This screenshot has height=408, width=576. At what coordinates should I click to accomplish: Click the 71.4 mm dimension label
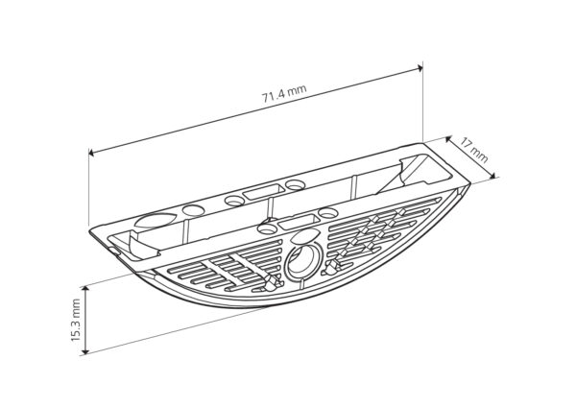pos(284,94)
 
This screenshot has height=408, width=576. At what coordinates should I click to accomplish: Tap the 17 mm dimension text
pos(474,150)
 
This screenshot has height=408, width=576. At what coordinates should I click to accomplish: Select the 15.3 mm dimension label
pos(76,320)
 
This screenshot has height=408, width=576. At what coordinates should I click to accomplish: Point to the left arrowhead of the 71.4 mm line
pos(91,152)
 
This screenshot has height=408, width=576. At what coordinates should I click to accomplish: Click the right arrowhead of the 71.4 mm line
pos(420,67)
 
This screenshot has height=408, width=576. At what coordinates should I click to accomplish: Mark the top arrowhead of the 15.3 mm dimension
pos(85,289)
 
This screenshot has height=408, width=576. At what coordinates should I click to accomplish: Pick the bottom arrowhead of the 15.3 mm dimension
pos(85,351)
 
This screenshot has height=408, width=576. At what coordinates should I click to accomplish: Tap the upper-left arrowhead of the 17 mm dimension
pos(448,139)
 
